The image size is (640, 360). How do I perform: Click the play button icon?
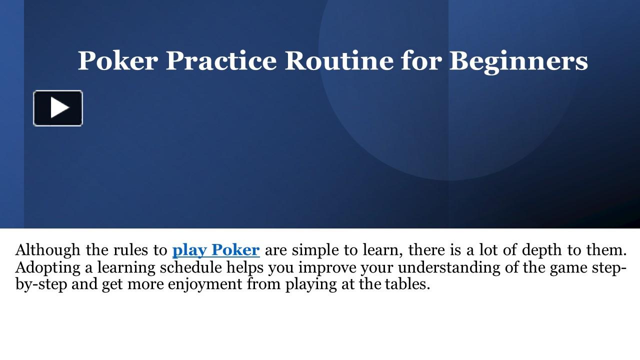point(58,108)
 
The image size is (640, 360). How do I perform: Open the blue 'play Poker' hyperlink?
point(216,249)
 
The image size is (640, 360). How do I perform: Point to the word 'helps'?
point(245,267)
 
